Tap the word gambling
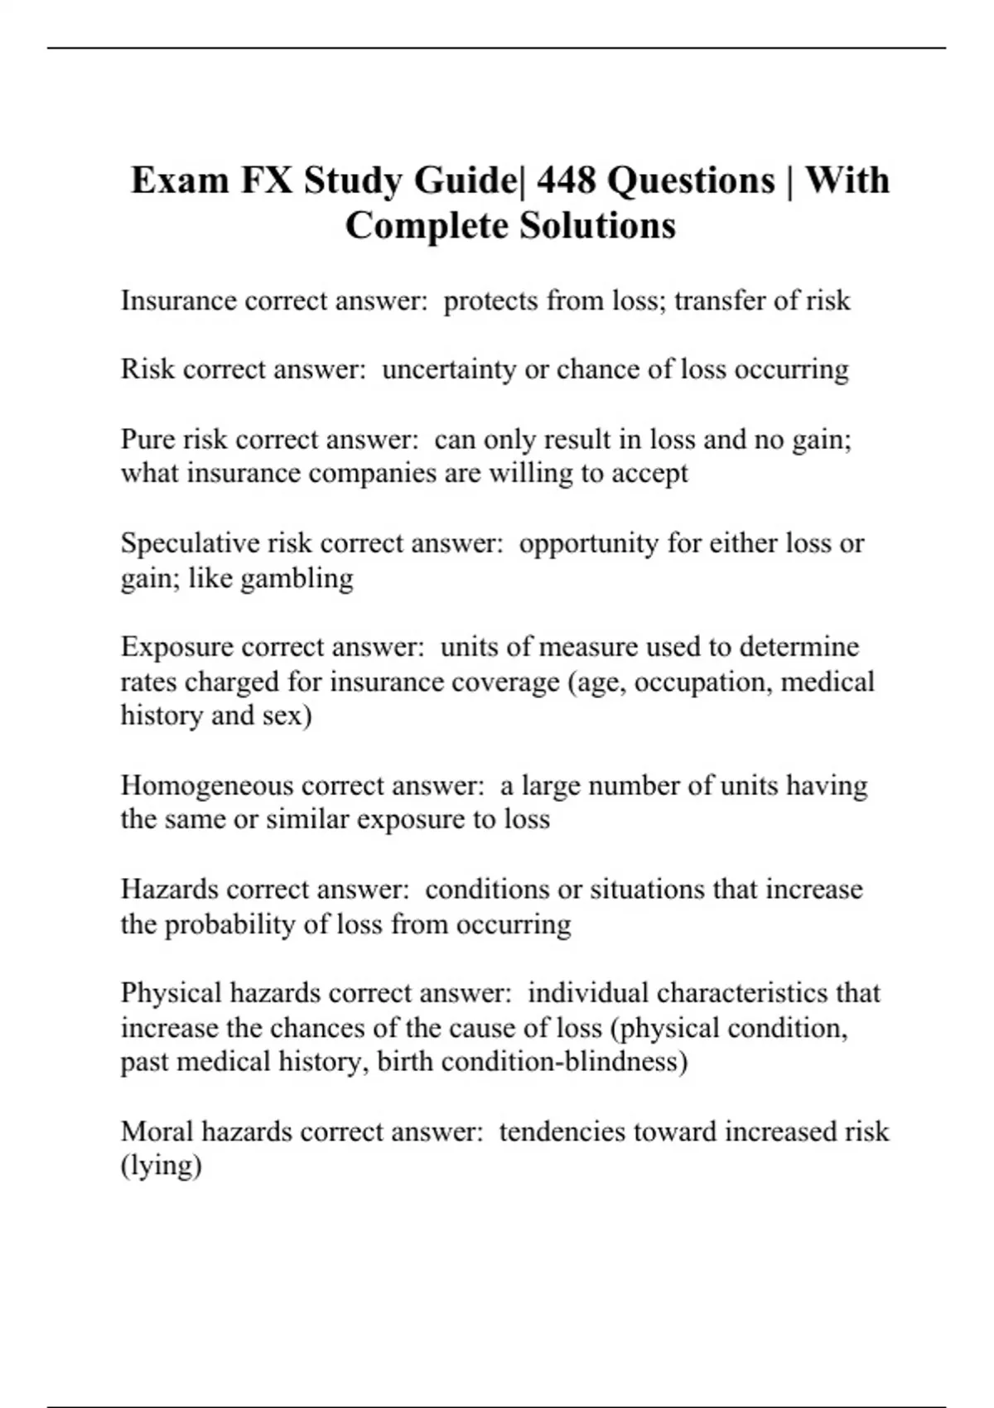(x=297, y=577)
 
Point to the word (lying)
(x=162, y=1166)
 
